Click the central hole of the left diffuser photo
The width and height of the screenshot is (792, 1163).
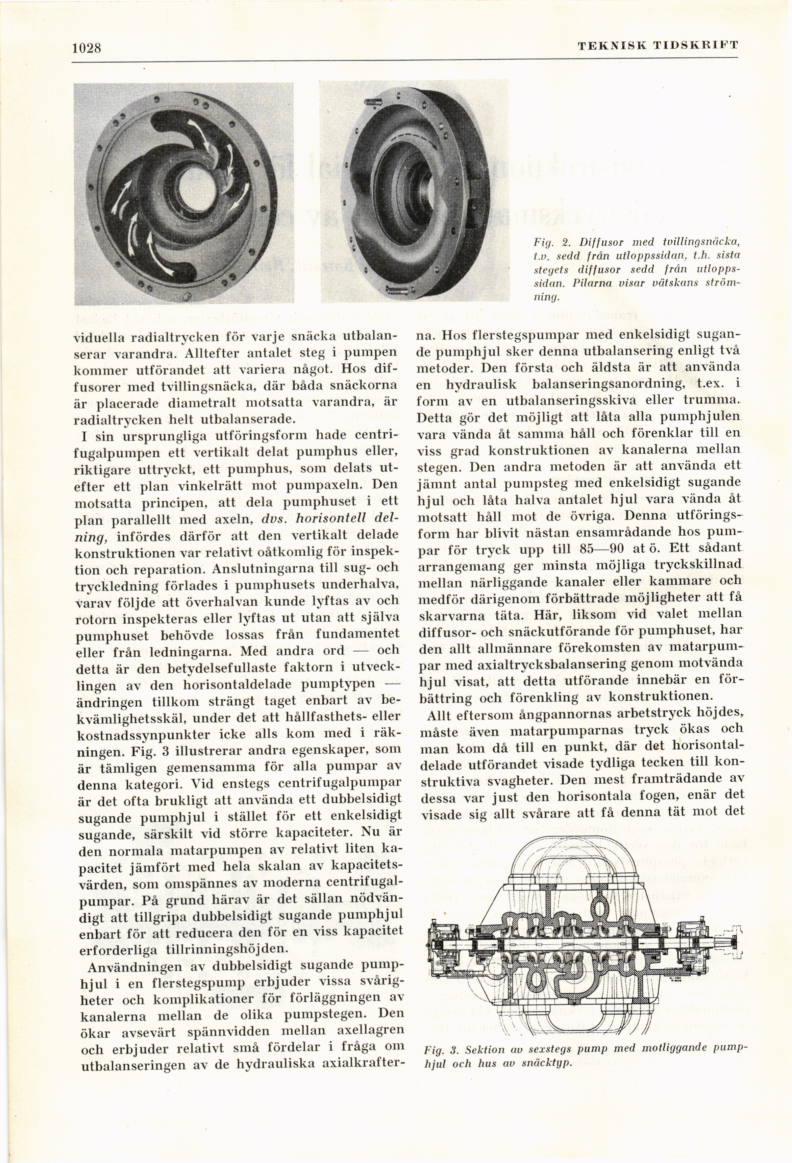(196, 193)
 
